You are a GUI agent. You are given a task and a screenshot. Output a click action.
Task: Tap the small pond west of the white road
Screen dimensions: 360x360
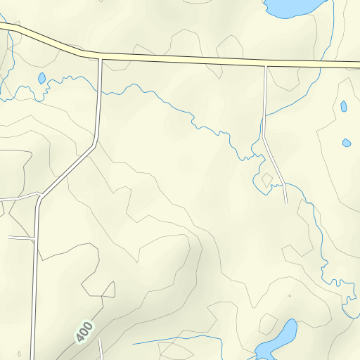tap(41, 78)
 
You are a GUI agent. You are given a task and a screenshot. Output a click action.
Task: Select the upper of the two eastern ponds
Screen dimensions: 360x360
tap(344, 107)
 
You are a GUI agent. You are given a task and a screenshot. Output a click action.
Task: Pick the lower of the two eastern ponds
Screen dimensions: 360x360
tap(347, 143)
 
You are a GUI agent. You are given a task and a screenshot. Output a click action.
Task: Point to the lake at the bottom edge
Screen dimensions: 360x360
tap(278, 341)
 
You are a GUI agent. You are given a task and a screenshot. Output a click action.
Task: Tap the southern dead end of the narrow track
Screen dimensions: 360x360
tap(287, 204)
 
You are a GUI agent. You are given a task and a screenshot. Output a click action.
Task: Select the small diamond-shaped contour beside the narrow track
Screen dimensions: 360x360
tap(266, 180)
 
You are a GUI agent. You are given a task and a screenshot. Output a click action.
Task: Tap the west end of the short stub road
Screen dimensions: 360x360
tap(9, 238)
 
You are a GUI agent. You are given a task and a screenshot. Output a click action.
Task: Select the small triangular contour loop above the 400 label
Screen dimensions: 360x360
tap(109, 290)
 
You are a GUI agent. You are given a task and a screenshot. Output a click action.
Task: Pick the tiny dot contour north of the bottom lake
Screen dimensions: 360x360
tap(289, 296)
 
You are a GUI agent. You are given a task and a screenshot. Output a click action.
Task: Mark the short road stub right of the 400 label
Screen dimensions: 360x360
tap(101, 348)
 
